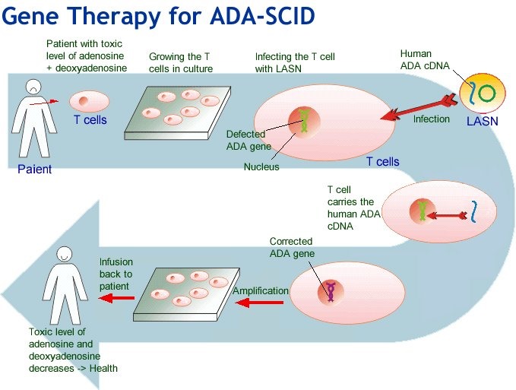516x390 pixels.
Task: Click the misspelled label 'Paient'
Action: coord(35,169)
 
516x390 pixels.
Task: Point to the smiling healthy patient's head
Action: coord(64,257)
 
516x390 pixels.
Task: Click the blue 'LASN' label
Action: coord(481,119)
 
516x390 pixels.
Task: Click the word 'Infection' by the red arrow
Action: coord(431,119)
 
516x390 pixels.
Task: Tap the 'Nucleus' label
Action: coord(261,166)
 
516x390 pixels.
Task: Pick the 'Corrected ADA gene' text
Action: coord(292,248)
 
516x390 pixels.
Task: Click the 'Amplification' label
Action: coord(261,290)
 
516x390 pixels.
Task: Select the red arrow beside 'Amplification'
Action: coord(261,303)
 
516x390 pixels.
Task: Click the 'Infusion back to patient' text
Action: coord(116,274)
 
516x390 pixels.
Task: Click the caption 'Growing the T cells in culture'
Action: coord(181,62)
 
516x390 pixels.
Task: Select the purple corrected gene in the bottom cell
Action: coord(331,290)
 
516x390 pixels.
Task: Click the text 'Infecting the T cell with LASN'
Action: coord(295,62)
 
